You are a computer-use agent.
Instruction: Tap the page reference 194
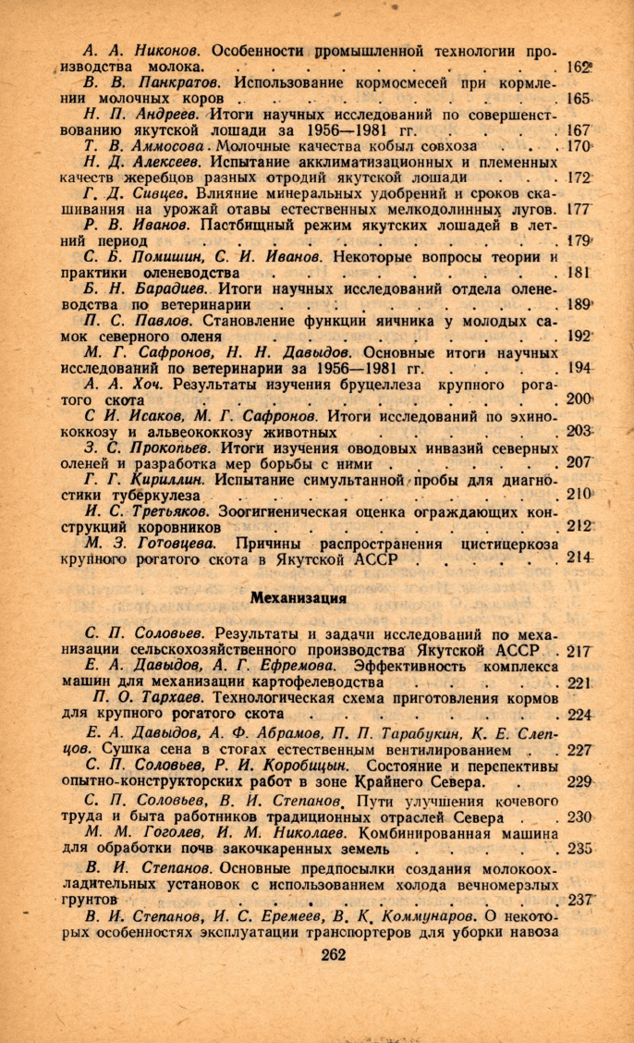578,368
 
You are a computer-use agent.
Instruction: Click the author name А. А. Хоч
116,384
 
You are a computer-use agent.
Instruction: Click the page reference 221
579,682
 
